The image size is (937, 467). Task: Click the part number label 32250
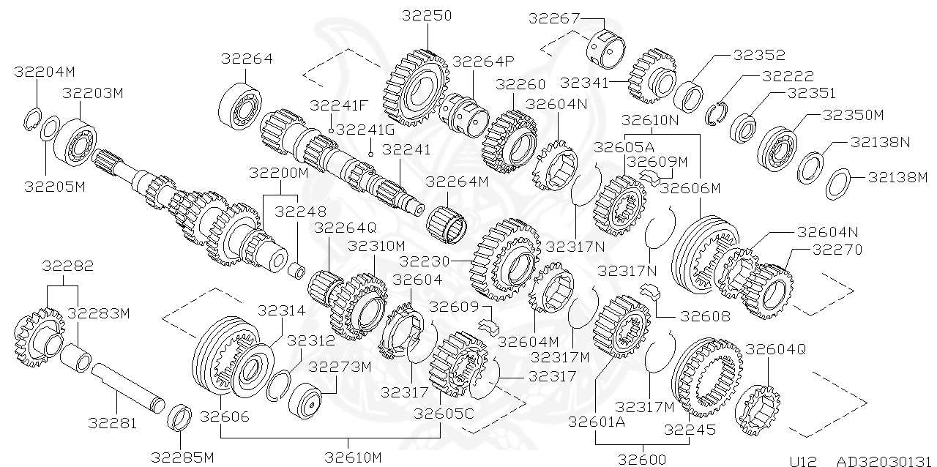click(x=428, y=15)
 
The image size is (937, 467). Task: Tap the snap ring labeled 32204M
click(x=31, y=116)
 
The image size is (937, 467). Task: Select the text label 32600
click(x=642, y=460)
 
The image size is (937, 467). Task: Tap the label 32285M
click(x=182, y=458)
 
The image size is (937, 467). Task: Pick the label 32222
click(x=788, y=75)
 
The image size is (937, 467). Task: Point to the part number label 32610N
click(x=650, y=119)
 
